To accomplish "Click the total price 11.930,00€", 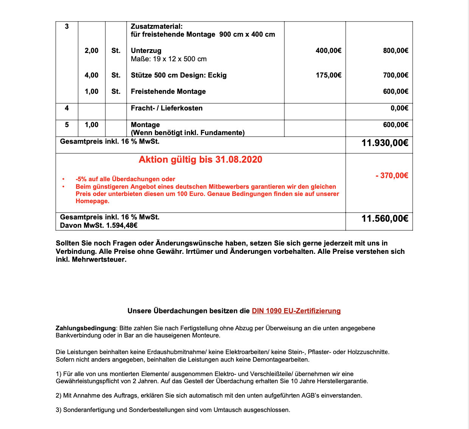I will [385, 143].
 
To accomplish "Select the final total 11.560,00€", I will [385, 219].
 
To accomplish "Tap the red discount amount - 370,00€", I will [392, 176].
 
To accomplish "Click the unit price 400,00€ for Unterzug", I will [328, 51].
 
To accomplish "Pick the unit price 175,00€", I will [328, 75].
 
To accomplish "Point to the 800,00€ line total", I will [395, 51].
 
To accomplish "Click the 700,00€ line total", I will [395, 75].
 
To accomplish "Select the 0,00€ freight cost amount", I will [399, 108].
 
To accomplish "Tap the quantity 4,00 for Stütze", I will [92, 75].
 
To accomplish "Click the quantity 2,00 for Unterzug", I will [92, 51].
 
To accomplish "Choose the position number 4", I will [67, 108].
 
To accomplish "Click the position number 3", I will [67, 26].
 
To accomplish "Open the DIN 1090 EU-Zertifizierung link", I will [296, 311].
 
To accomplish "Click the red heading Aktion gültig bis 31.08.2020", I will [200, 160].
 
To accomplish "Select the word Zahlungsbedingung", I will [85, 328].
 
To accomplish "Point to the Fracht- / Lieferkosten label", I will [166, 108].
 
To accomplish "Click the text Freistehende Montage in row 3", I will [168, 92].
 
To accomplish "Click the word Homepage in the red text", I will [92, 201].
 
